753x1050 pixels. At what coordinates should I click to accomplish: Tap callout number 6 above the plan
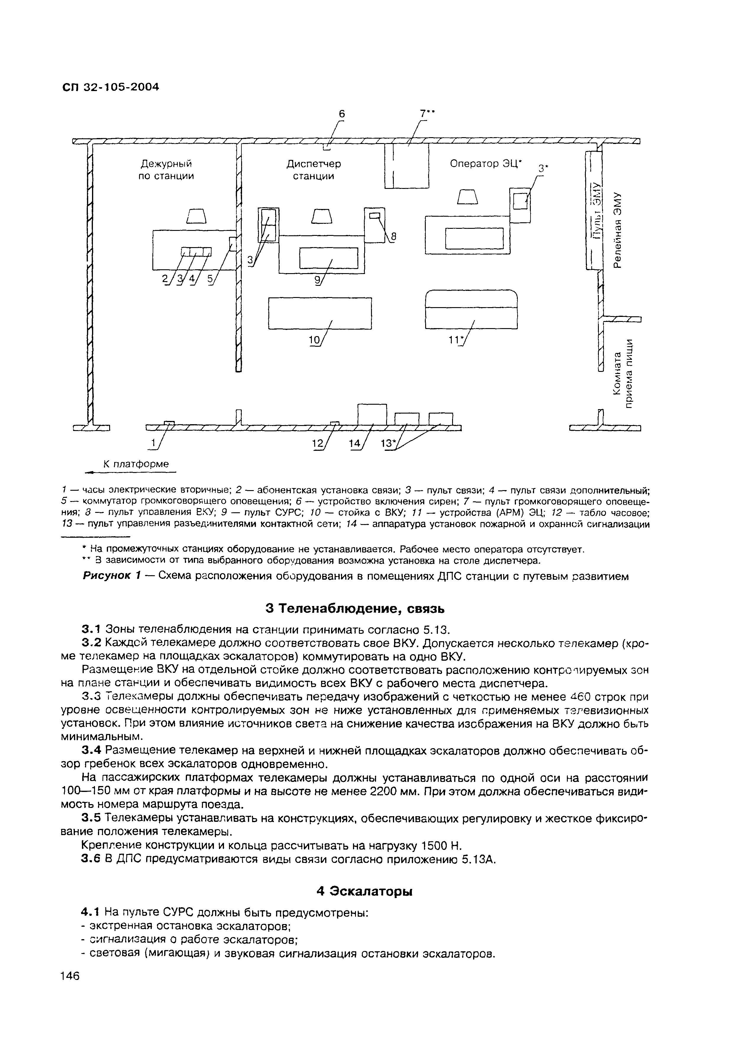(x=342, y=114)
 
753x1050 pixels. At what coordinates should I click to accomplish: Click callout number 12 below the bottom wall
(x=317, y=443)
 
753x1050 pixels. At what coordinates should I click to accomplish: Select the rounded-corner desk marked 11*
(x=471, y=309)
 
